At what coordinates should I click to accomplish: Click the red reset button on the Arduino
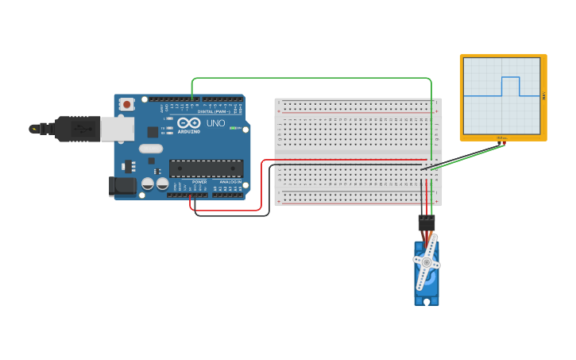point(126,104)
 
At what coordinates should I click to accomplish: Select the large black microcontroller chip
point(206,168)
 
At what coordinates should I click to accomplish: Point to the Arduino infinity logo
point(188,124)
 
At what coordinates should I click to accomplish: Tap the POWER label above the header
point(199,182)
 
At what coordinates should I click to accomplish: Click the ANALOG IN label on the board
point(230,182)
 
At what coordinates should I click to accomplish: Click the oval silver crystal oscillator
point(150,148)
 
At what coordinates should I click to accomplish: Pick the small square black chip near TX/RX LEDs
point(153,132)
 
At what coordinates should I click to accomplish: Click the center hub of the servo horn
point(427,261)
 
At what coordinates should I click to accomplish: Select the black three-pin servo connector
point(427,223)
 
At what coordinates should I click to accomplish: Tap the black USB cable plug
point(76,128)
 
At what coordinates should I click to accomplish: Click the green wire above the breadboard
point(310,78)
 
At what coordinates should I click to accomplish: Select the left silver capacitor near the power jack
point(148,184)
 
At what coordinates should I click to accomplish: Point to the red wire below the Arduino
point(230,211)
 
